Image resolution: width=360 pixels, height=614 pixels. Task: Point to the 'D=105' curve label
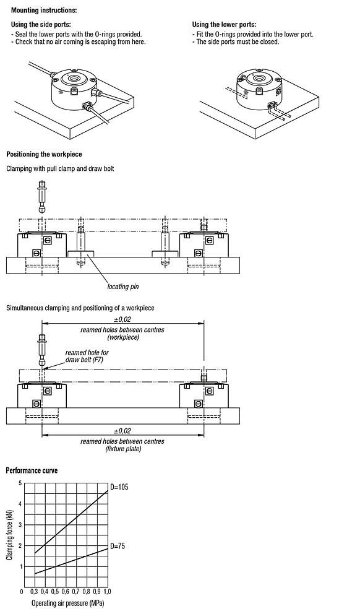(x=119, y=487)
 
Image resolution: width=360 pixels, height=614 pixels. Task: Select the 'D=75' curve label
(x=118, y=546)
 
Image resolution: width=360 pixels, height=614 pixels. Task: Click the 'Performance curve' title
(x=32, y=470)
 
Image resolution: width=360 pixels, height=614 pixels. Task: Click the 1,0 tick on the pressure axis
(x=108, y=593)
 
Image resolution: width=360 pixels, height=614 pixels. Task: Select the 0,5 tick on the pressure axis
(x=55, y=593)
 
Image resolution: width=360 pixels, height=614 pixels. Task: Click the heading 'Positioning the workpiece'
(x=43, y=154)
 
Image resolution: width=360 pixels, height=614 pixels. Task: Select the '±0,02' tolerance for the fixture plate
(x=122, y=431)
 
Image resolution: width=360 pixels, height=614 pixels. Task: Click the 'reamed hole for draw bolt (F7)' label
(x=87, y=356)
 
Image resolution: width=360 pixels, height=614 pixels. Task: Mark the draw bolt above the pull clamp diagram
(x=42, y=196)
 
